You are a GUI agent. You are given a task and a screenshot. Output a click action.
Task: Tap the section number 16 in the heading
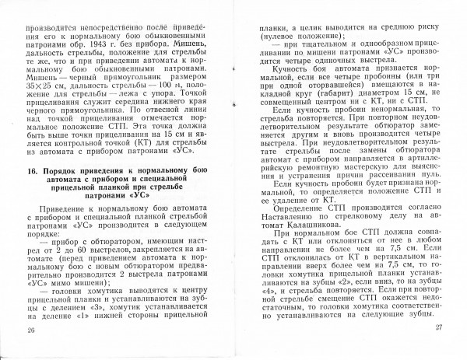30,170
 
